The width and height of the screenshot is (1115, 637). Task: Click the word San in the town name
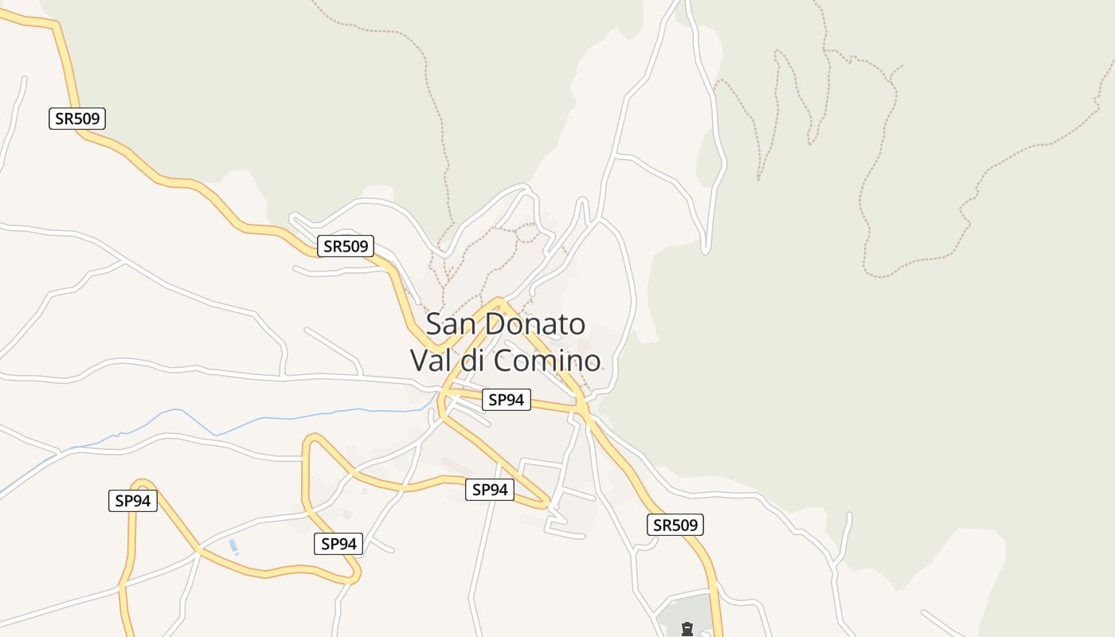[x=452, y=324]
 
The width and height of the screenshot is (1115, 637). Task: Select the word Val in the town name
[x=430, y=360]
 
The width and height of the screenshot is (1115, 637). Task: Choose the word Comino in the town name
[x=546, y=360]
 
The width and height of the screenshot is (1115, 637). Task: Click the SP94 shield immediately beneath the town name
[x=506, y=400]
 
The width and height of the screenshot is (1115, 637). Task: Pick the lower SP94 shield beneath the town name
[x=489, y=490]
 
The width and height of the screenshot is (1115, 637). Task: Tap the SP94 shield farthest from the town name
[x=133, y=501]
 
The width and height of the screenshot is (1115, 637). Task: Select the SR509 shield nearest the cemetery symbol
[x=675, y=525]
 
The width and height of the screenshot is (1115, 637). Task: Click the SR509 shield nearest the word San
[x=345, y=246]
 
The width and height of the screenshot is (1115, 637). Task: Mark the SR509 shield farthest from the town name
[x=77, y=119]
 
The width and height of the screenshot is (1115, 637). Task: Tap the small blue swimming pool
[x=233, y=547]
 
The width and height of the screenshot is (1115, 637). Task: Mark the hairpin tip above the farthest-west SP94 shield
[x=142, y=482]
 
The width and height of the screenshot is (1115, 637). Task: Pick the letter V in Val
[x=419, y=360]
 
